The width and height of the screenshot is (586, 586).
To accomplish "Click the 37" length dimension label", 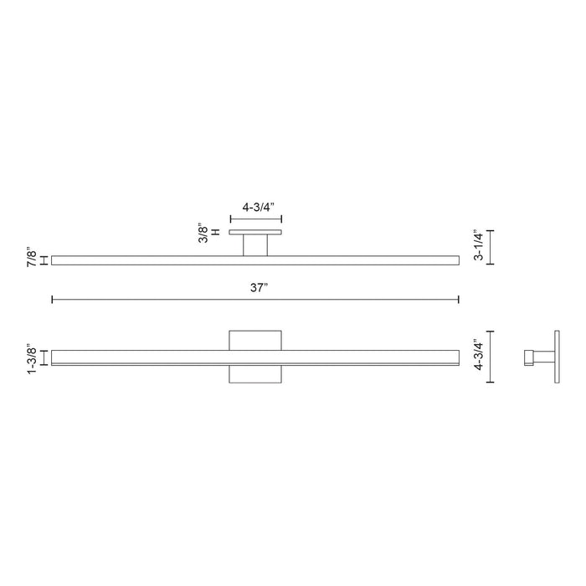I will [x=256, y=287].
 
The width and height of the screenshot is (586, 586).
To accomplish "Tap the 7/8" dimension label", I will [x=31, y=258].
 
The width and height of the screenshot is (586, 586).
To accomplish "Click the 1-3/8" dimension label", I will [x=31, y=357].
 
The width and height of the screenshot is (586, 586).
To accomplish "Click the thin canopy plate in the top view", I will [x=255, y=231].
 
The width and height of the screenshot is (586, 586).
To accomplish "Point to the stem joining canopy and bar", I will [x=255, y=244].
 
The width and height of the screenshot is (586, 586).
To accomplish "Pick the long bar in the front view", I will [x=151, y=357].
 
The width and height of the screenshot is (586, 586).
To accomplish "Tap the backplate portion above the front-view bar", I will [x=255, y=339].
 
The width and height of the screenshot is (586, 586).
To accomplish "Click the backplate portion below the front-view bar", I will [x=255, y=374].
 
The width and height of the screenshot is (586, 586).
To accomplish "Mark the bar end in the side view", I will [x=530, y=357].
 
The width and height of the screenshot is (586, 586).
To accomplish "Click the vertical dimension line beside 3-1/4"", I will [x=491, y=246].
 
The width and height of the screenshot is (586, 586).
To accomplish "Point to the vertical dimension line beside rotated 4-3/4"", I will [x=491, y=356].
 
